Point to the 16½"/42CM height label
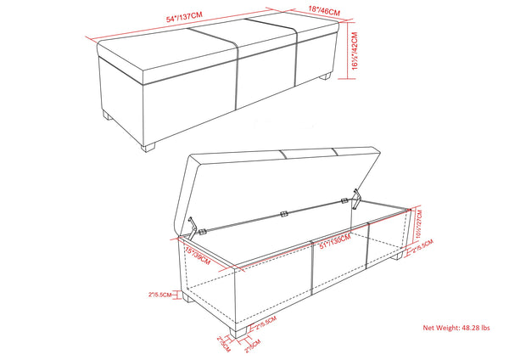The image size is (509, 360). coord(354,51)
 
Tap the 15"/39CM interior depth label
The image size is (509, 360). coord(196,254)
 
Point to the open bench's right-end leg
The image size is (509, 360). coord(398,256)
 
